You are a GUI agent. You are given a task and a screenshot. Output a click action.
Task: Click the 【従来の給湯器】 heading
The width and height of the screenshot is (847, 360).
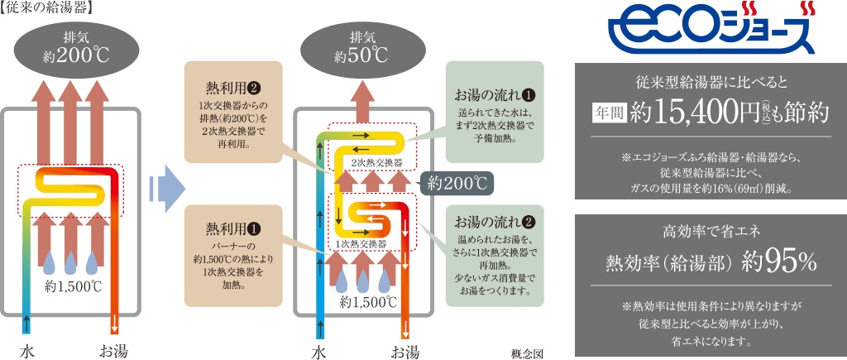point(46,7)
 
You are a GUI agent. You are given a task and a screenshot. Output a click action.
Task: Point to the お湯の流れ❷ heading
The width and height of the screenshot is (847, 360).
point(495,222)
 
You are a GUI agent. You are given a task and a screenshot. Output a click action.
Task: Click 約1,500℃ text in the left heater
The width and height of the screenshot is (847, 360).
point(74,287)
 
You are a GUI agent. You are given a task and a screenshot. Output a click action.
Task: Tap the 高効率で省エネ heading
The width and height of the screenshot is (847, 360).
point(711,229)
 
